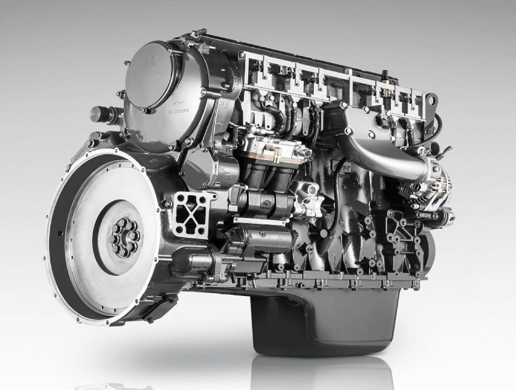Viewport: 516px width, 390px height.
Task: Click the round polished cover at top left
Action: (x=155, y=72)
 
